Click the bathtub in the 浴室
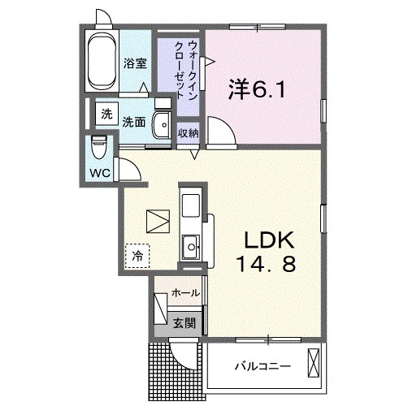(x=102, y=61)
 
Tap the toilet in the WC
(x=99, y=146)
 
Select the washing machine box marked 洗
(x=106, y=114)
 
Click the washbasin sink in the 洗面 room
(x=162, y=125)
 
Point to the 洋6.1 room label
(x=257, y=89)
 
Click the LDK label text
(x=269, y=240)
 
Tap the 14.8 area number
(x=267, y=264)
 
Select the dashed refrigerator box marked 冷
(x=137, y=256)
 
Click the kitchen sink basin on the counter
(x=191, y=247)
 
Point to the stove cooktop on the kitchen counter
(x=191, y=205)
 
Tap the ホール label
(x=186, y=293)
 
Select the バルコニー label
(x=263, y=367)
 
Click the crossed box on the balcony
(x=314, y=363)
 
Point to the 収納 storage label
(x=188, y=133)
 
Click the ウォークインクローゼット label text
(x=187, y=70)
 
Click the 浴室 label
(x=135, y=63)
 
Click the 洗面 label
(x=133, y=123)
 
